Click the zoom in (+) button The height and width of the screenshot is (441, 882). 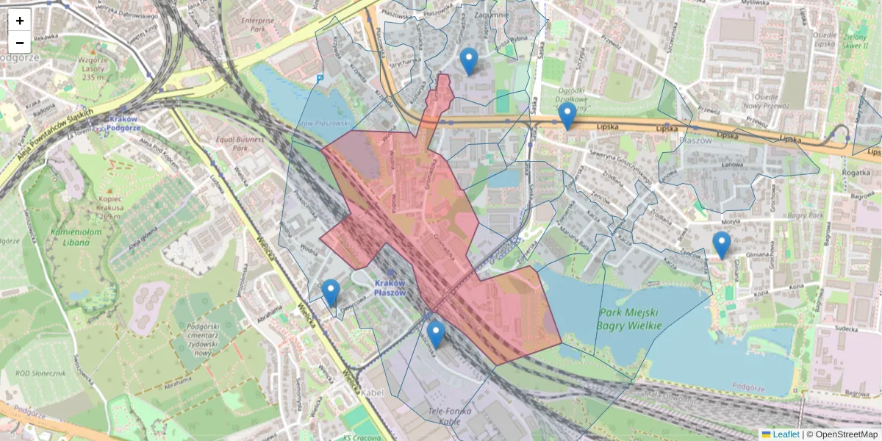pyautogui.click(x=20, y=21)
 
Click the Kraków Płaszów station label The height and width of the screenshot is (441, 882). pyautogui.click(x=390, y=287)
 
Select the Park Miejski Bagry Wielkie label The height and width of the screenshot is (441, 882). pyautogui.click(x=630, y=318)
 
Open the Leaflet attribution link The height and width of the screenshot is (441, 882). pyautogui.click(x=786, y=434)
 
